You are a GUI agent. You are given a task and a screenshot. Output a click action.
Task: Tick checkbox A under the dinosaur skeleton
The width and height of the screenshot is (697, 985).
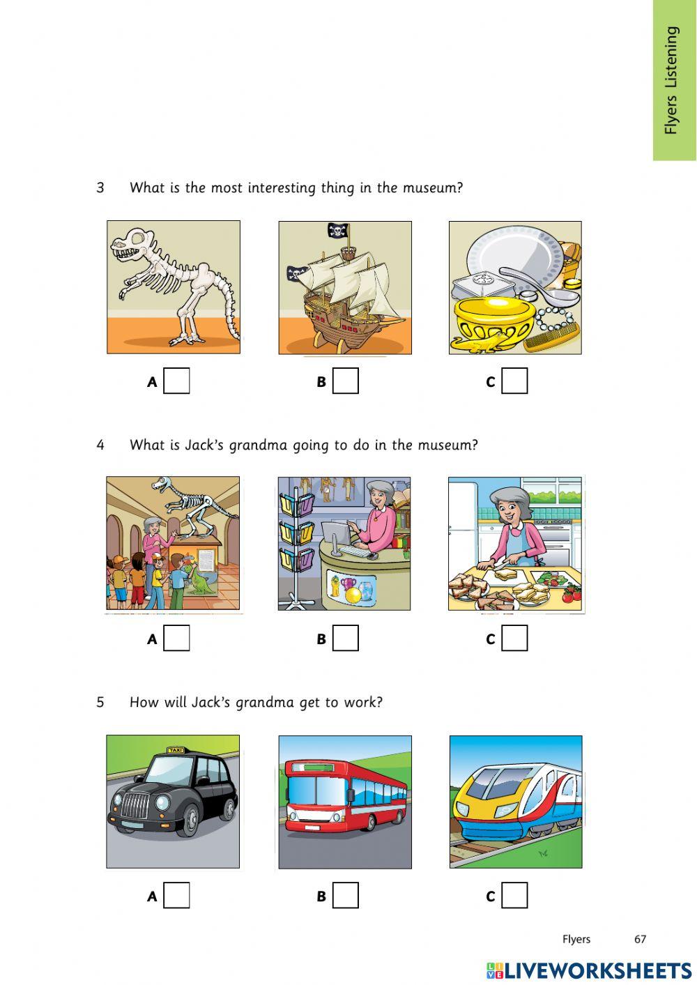point(176,381)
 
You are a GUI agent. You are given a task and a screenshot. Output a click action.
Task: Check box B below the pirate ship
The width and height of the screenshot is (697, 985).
point(346,381)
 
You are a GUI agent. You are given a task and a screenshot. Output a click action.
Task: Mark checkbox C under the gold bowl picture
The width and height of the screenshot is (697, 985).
point(514,381)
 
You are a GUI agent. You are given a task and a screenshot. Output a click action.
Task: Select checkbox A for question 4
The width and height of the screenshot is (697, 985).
point(176,638)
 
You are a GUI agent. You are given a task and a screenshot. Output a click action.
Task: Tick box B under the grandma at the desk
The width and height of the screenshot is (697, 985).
point(346,638)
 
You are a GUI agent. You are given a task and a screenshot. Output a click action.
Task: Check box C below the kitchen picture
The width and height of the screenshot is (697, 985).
point(514,638)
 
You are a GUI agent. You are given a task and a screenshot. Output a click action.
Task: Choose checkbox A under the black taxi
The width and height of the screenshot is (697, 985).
point(176,895)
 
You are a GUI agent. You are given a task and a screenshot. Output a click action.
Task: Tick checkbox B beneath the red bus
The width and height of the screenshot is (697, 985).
point(346,895)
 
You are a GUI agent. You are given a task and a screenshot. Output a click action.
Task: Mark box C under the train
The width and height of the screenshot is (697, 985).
point(514,895)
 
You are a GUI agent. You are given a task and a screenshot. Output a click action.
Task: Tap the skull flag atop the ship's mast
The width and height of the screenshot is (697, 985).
point(339,230)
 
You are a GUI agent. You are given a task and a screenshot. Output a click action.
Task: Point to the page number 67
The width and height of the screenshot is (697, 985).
point(640,939)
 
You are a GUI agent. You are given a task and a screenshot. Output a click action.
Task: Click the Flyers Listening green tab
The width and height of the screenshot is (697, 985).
point(673,79)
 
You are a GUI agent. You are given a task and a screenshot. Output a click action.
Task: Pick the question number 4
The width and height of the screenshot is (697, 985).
point(100,445)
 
